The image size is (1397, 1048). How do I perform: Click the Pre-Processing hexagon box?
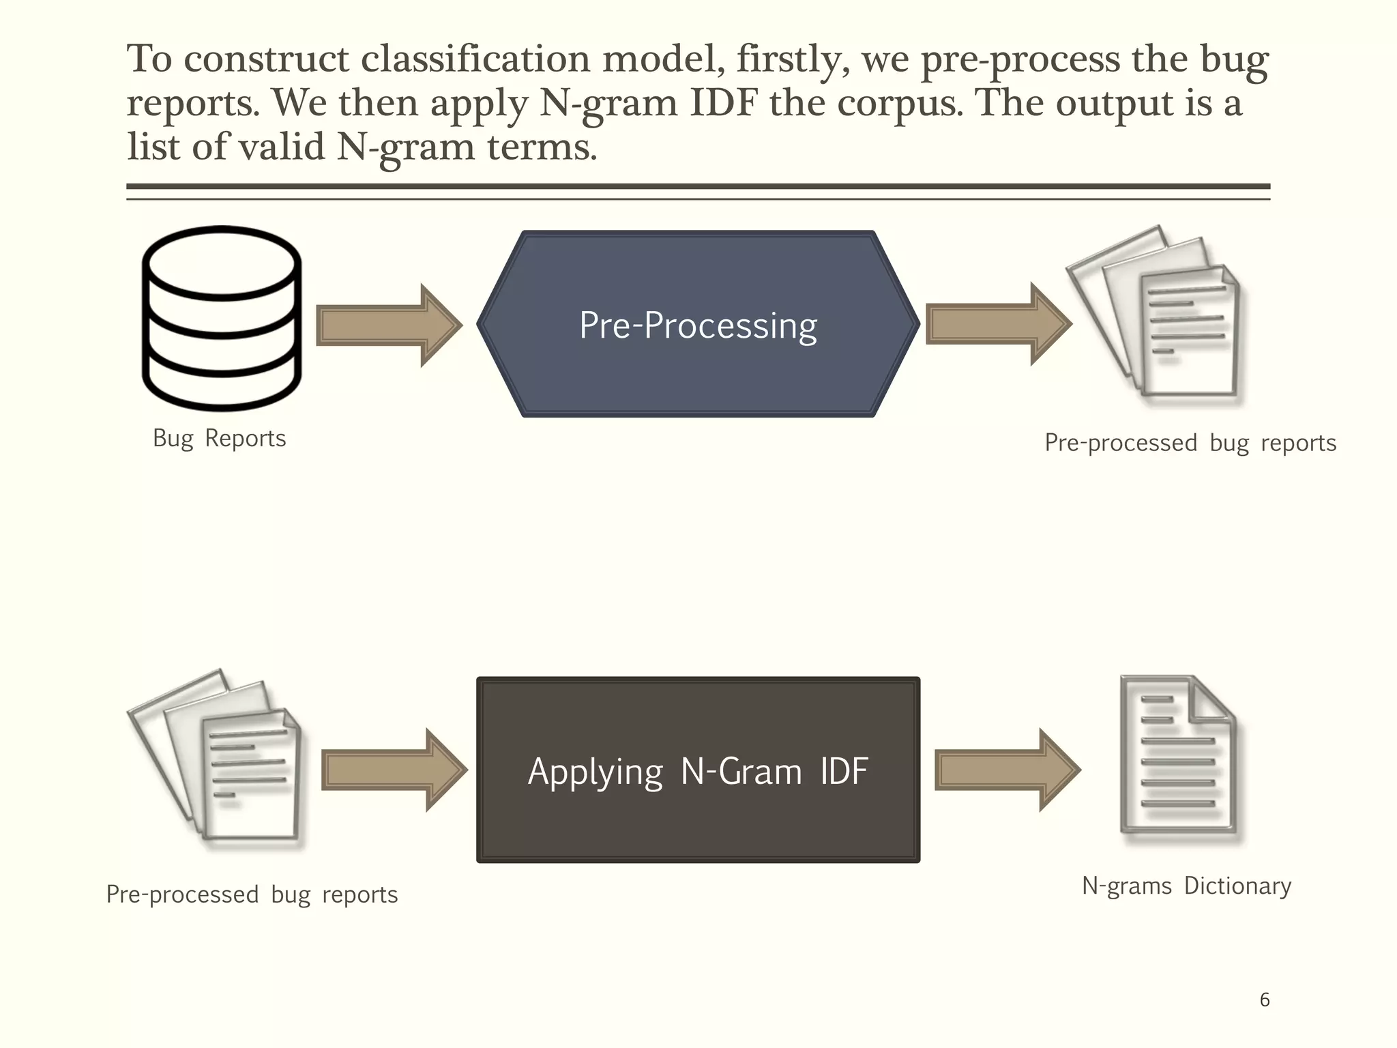click(698, 324)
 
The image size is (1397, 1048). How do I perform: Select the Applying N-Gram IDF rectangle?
click(698, 770)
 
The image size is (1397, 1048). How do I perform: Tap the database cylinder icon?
click(222, 319)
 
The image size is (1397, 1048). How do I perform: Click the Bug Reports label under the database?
click(219, 439)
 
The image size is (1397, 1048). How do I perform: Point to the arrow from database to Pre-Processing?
click(389, 325)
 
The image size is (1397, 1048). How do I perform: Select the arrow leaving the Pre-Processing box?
click(998, 324)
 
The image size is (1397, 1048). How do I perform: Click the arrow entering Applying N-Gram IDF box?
click(394, 770)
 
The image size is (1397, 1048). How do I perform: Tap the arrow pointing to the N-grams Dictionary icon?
click(1007, 770)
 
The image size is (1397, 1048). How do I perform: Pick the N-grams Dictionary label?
click(1186, 886)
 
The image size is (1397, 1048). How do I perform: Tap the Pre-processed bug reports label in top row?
click(1190, 443)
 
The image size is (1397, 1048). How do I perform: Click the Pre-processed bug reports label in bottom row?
click(252, 895)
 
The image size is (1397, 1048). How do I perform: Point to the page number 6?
click(1264, 1000)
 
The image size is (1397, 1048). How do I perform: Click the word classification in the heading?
click(475, 59)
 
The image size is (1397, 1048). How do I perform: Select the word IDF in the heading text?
click(724, 103)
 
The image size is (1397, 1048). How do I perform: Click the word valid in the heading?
click(281, 147)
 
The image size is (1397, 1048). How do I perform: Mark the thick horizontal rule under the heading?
click(698, 186)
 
